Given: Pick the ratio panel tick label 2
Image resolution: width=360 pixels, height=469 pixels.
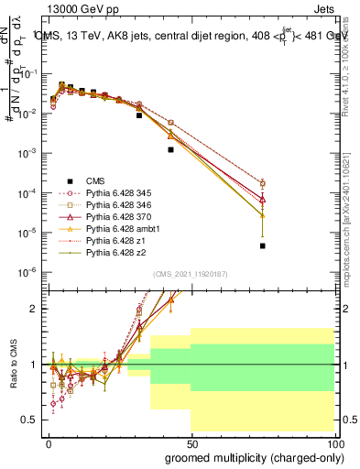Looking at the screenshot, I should (35, 309).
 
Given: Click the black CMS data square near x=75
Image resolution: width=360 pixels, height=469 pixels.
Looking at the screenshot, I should (262, 245).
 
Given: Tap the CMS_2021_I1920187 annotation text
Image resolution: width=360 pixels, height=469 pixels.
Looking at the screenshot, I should (191, 273).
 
